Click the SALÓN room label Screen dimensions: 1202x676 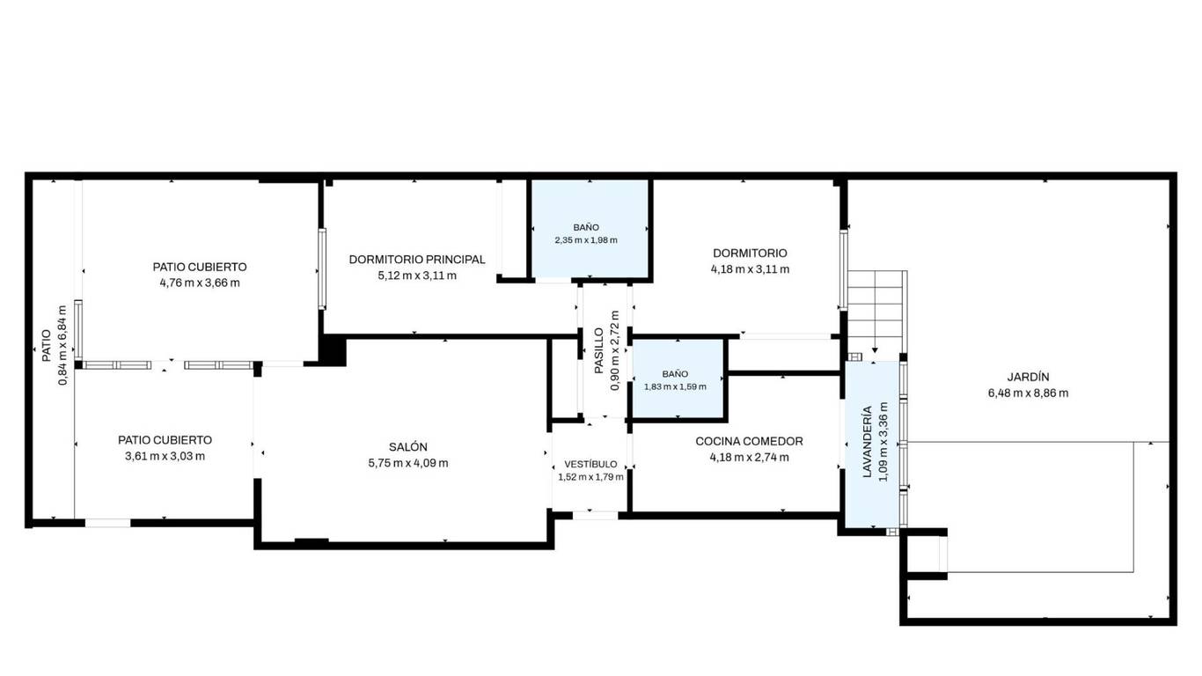[407, 447]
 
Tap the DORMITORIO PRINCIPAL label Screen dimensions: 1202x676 [417, 260]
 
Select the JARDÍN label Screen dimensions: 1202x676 [1028, 377]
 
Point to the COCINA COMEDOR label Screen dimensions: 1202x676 [749, 441]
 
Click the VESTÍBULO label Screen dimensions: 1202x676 [590, 465]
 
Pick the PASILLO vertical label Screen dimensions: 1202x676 [599, 350]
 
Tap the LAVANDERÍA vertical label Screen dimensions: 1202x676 [867, 442]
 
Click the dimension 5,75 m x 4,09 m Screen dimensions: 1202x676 [407, 463]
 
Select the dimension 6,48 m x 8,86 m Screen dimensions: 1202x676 [1028, 393]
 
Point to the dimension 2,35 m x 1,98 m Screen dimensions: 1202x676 [586, 240]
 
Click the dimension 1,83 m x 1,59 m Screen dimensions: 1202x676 [675, 386]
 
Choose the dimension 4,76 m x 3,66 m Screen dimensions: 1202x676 [200, 283]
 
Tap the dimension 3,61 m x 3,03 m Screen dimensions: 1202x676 [165, 457]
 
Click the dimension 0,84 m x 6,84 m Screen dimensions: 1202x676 [62, 345]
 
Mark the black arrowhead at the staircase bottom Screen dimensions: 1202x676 [875, 350]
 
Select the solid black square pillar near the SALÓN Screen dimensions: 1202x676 [333, 350]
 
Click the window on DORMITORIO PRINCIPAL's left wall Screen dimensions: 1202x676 [322, 268]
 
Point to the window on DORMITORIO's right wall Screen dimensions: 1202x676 [843, 269]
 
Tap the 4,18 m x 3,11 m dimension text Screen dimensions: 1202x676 [750, 269]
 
